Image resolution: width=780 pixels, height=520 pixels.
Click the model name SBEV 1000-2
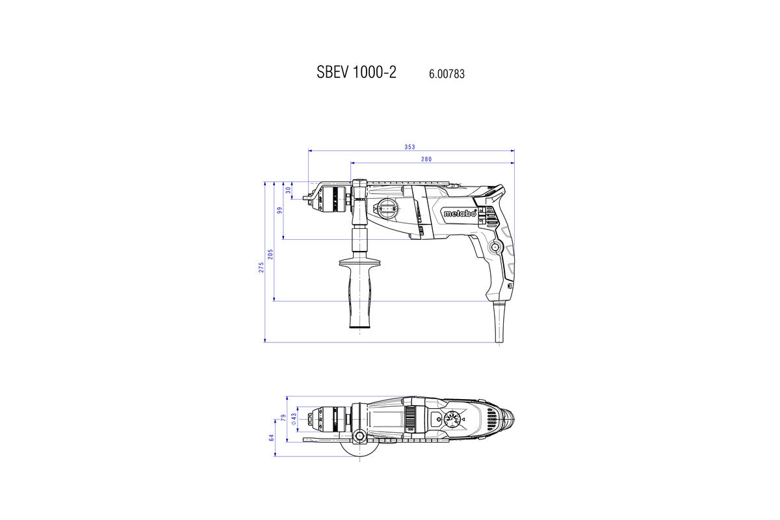coord(356,73)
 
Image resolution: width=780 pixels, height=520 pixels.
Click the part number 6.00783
coord(447,74)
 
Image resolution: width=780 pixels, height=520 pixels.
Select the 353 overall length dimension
coord(409,147)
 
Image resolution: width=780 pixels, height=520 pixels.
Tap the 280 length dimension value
coord(426,159)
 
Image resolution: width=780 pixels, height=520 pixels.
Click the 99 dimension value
coord(279,211)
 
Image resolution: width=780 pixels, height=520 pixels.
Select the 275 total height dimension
coord(261,268)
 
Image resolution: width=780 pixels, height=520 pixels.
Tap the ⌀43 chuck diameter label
coord(294,419)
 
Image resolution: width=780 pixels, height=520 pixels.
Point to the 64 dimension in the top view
coord(272,438)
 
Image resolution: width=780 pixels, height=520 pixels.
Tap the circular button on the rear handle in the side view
coord(495,247)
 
